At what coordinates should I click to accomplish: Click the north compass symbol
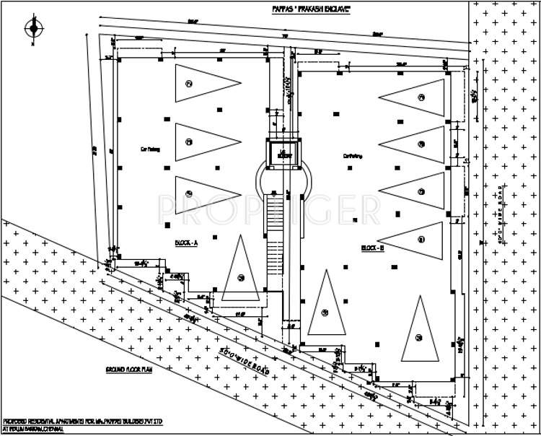point(32,29)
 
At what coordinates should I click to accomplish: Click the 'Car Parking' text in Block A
point(149,149)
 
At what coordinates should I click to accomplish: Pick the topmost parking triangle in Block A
point(199,84)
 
